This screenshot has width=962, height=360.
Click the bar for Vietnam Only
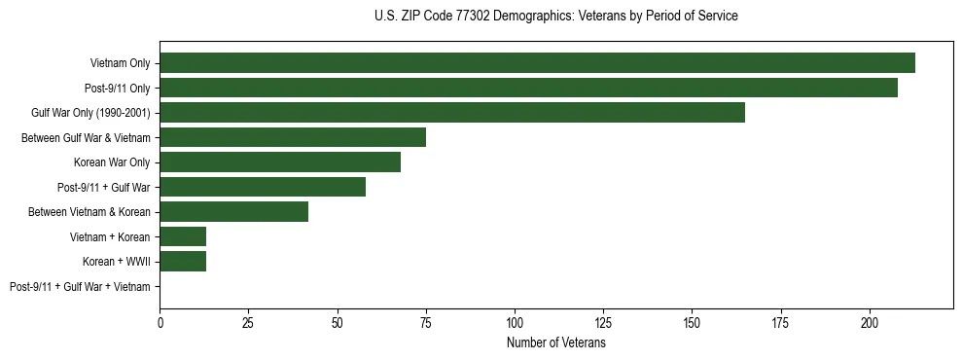(x=537, y=63)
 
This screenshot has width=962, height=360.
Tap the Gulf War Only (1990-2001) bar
(x=452, y=113)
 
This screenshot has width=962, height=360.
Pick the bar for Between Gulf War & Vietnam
(x=293, y=137)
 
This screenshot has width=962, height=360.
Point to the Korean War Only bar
(x=280, y=162)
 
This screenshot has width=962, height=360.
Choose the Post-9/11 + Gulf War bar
(x=263, y=187)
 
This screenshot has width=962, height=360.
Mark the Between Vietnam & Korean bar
(x=234, y=212)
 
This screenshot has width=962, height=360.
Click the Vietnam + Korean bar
(x=183, y=236)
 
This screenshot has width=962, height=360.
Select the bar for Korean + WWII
(x=183, y=262)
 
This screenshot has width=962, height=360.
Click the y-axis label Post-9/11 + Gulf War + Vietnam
(x=80, y=287)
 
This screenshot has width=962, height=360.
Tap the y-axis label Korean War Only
(x=112, y=162)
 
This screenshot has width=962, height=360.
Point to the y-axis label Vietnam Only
(x=121, y=63)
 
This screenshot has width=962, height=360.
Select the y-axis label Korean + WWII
(x=117, y=262)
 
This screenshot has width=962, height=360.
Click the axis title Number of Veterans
(x=556, y=342)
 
